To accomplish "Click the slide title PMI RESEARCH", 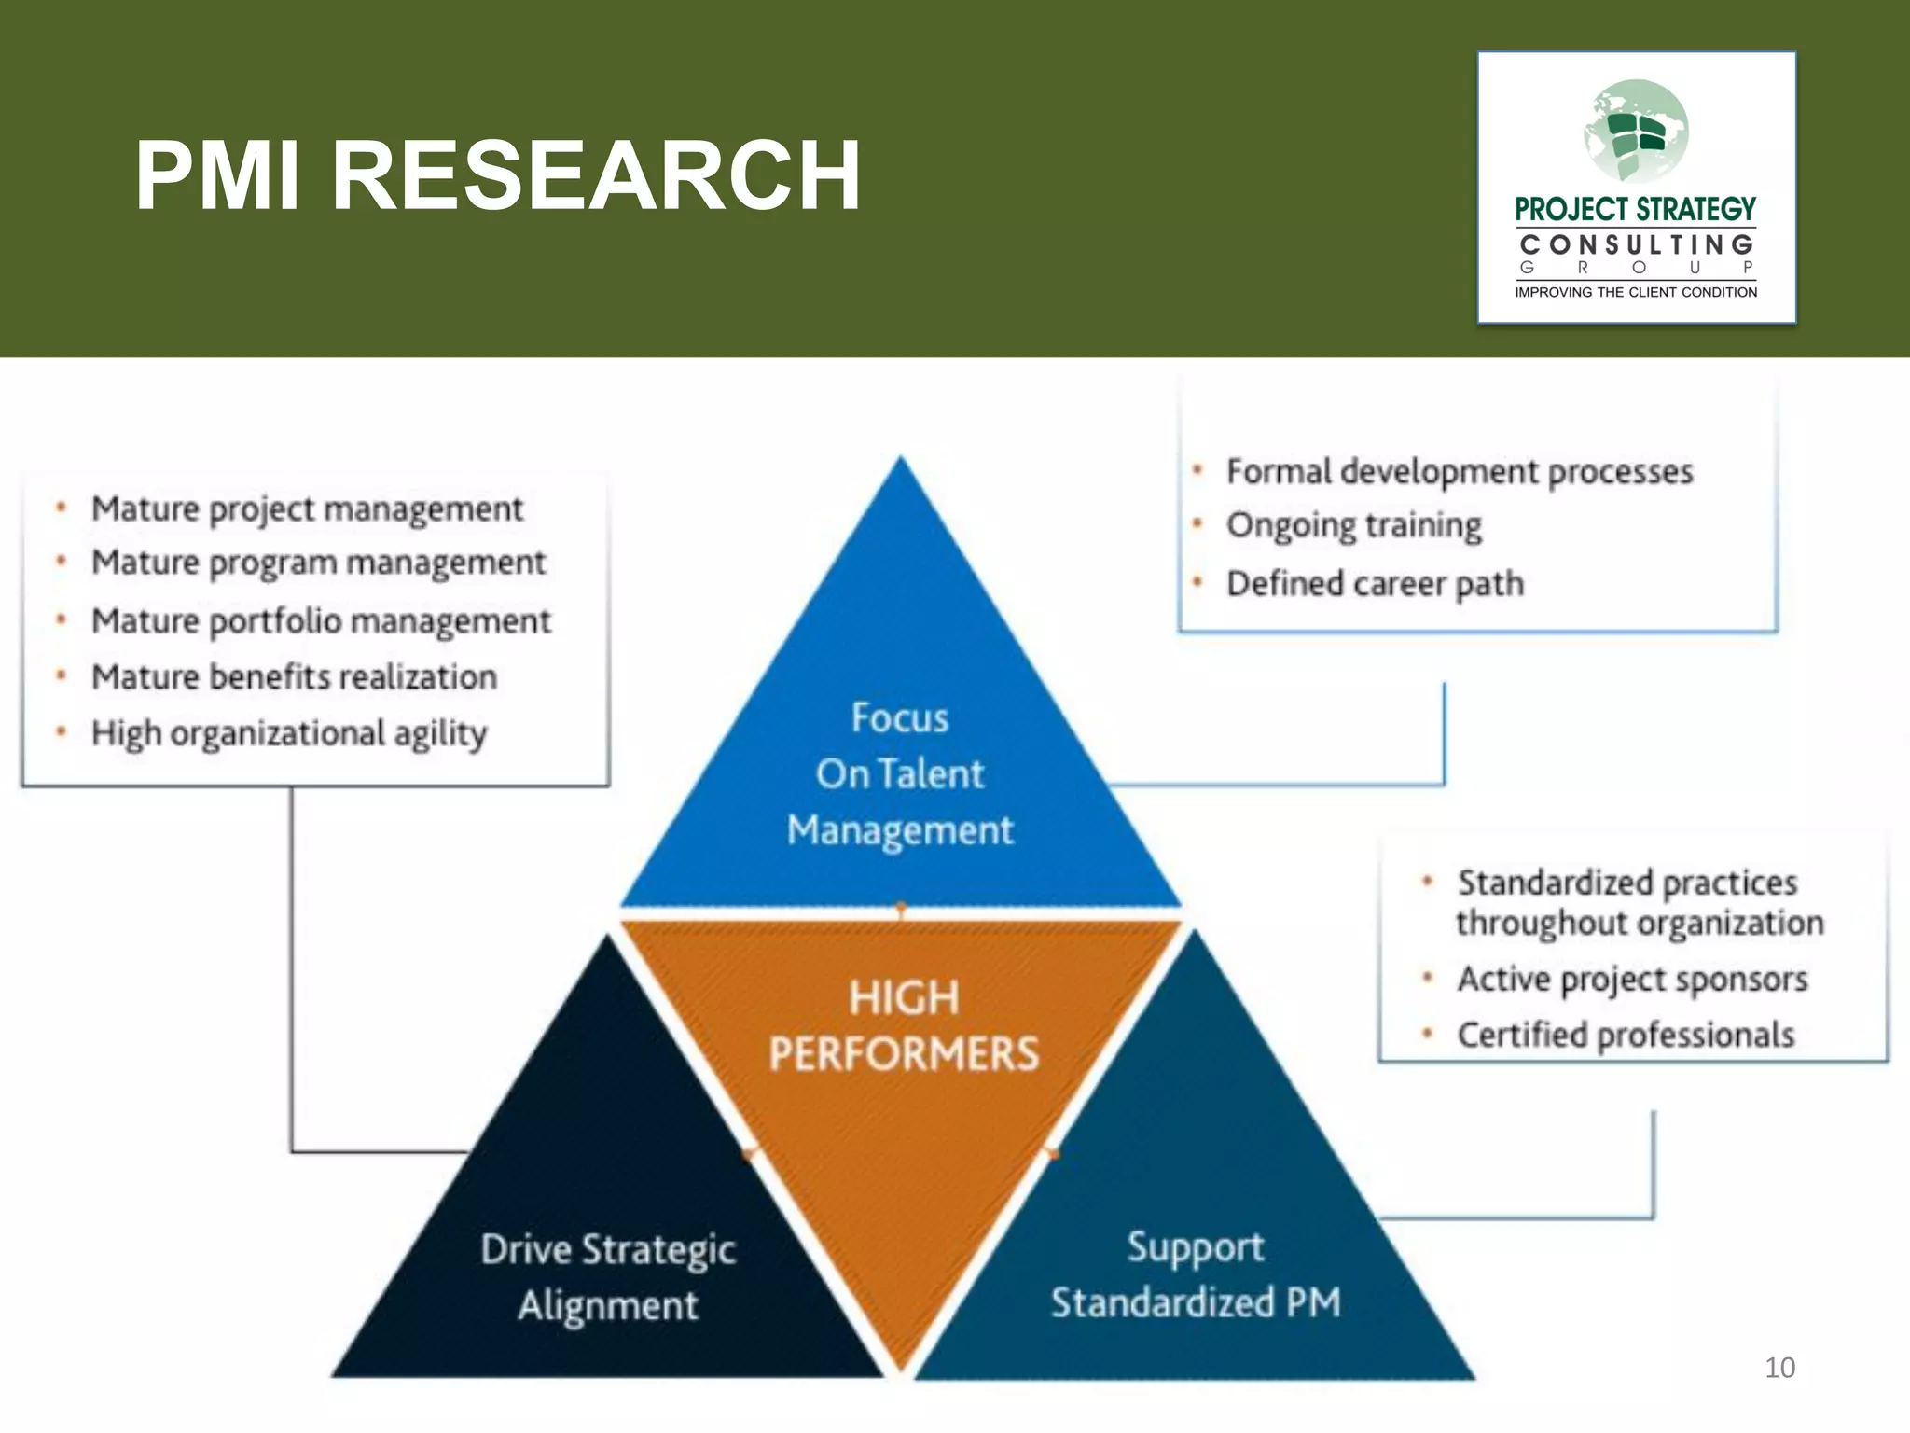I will pos(497,175).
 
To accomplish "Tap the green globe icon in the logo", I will pos(1636,131).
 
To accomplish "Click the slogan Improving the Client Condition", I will pos(1636,292).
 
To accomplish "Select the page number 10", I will pos(1779,1368).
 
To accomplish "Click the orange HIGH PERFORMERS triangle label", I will pos(903,1025).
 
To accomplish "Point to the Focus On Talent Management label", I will pos(900,773).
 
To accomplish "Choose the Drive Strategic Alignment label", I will pos(608,1276).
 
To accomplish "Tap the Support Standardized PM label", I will pos(1196,1274).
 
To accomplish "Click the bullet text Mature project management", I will pos(307,509).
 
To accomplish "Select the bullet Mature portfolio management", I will pos(321,621).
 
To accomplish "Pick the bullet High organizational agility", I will pos(289,734).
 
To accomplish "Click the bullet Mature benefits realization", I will pos(294,677).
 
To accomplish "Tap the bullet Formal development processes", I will pos(1460,472).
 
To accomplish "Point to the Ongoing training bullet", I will pos(1354,526).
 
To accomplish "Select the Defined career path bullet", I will pos(1375,584).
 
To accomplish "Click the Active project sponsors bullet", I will pos(1632,980).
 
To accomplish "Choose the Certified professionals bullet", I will pos(1626,1036).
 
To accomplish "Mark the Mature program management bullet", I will pos(318,563).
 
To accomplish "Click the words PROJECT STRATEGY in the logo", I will pos(1636,209).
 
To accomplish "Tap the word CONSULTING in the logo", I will pos(1636,244).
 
